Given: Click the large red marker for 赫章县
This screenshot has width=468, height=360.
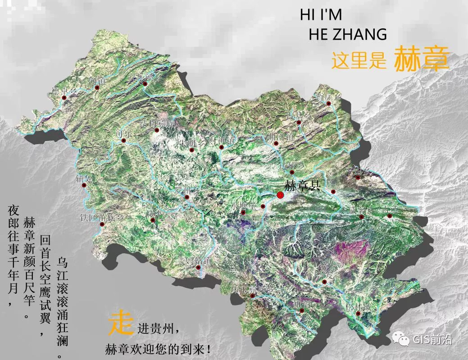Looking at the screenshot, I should pyautogui.click(x=280, y=195).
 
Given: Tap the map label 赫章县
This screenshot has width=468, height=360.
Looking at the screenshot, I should pyautogui.click(x=302, y=185).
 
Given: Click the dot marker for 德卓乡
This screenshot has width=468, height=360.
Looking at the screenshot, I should pyautogui.click(x=64, y=97).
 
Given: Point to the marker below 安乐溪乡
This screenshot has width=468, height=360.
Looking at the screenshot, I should pyautogui.click(x=145, y=84).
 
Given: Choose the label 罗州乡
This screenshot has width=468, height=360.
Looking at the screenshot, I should pyautogui.click(x=186, y=190).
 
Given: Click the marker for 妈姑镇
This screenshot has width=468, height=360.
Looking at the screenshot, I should pyautogui.click(x=199, y=268).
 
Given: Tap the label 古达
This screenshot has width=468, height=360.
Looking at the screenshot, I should pyautogui.click(x=390, y=210).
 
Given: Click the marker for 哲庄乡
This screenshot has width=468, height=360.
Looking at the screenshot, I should pyautogui.click(x=329, y=104).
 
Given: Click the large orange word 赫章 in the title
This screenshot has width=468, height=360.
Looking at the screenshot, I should pyautogui.click(x=421, y=59).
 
